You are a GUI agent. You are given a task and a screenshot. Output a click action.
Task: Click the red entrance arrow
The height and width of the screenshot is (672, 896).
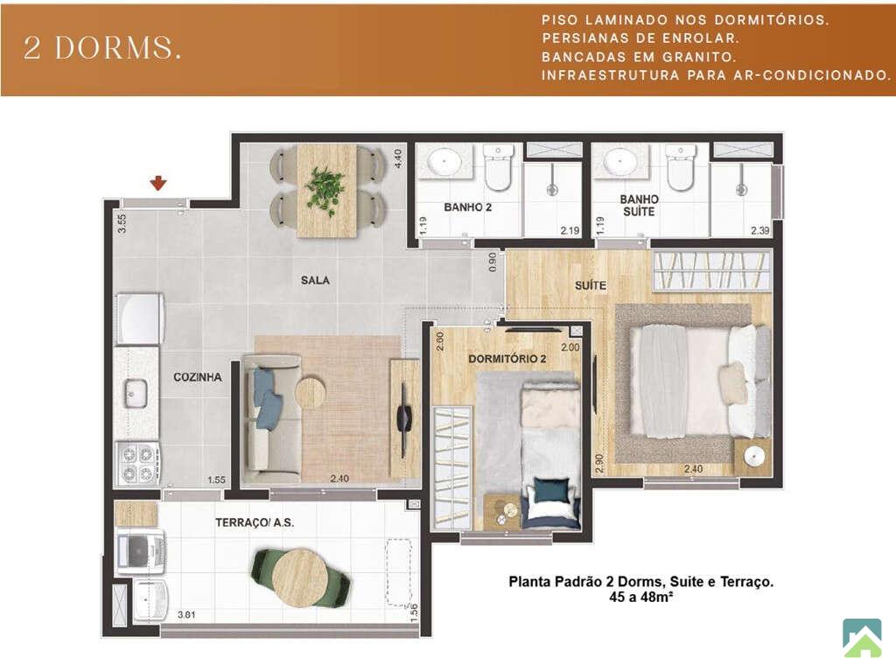click(158, 183)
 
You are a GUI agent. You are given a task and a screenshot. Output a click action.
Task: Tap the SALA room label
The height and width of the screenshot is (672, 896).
click(315, 280)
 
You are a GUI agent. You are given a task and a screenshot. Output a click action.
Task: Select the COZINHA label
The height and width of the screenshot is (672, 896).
click(198, 377)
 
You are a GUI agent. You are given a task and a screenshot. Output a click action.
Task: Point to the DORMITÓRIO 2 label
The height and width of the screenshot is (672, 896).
click(507, 359)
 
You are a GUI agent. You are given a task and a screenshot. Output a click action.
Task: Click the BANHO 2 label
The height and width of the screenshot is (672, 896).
click(467, 207)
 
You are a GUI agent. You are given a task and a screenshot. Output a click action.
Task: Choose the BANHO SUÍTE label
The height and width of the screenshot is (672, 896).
click(639, 205)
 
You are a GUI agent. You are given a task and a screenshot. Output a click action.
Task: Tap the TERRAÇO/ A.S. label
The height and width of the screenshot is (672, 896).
click(255, 522)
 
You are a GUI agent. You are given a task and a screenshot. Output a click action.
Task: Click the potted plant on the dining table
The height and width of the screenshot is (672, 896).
click(325, 189)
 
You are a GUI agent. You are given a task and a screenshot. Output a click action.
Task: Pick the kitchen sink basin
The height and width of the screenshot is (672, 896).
click(136, 394)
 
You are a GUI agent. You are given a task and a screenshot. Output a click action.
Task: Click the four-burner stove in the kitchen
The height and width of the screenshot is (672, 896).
click(138, 464)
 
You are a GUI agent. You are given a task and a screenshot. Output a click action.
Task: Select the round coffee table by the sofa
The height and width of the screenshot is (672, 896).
click(311, 392)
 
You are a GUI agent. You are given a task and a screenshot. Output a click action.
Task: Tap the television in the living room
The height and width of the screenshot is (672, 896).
click(404, 419)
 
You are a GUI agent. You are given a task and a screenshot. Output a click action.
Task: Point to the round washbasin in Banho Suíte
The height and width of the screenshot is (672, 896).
click(620, 161)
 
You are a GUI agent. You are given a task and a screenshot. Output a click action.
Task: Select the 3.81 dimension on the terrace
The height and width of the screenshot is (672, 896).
click(186, 615)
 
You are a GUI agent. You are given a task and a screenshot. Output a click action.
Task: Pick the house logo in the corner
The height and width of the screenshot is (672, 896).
click(862, 637)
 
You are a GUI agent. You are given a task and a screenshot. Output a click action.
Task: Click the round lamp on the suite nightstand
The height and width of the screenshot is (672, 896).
click(754, 455)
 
